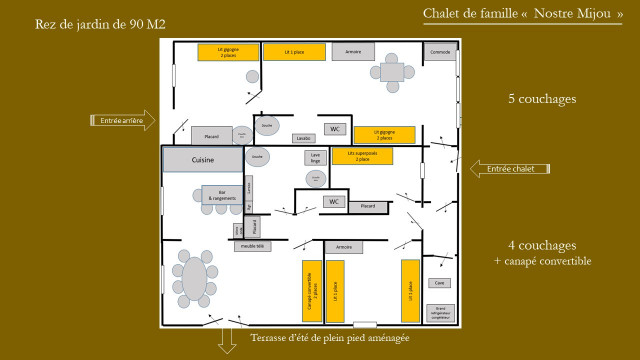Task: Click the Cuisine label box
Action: pyautogui.click(x=203, y=160)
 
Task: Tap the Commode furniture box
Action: pyautogui.click(x=440, y=52)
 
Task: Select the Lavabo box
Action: pyautogui.click(x=304, y=138)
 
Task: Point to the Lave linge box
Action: pyautogui.click(x=314, y=157)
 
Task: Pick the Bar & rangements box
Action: pyautogui.click(x=221, y=196)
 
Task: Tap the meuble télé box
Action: pyautogui.click(x=252, y=245)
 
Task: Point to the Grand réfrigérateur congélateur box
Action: pyautogui.click(x=439, y=311)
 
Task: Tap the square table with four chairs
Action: pyautogui.click(x=391, y=72)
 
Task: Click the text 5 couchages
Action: pyautogui.click(x=541, y=100)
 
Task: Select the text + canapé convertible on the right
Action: pyautogui.click(x=542, y=261)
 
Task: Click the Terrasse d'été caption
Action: pyautogui.click(x=330, y=338)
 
